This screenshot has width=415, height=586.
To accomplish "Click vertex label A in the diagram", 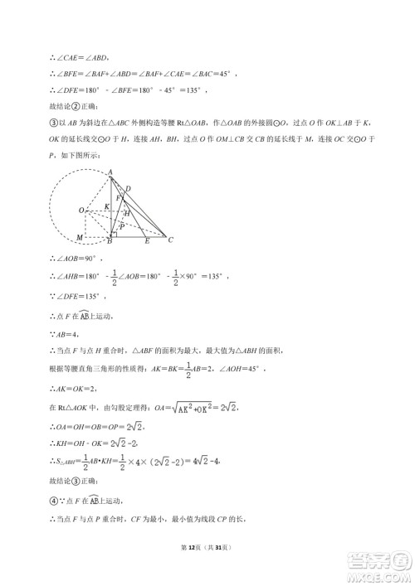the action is click(111, 172).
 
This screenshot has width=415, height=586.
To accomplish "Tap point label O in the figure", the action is click(81, 211).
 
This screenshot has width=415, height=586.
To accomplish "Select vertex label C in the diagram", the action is click(170, 241).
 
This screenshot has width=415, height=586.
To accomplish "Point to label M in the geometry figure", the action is click(80, 239).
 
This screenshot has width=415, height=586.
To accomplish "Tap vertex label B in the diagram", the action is click(110, 243).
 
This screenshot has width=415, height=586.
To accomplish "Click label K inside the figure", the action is click(106, 206).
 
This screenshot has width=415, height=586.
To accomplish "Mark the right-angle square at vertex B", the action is click(115, 235).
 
